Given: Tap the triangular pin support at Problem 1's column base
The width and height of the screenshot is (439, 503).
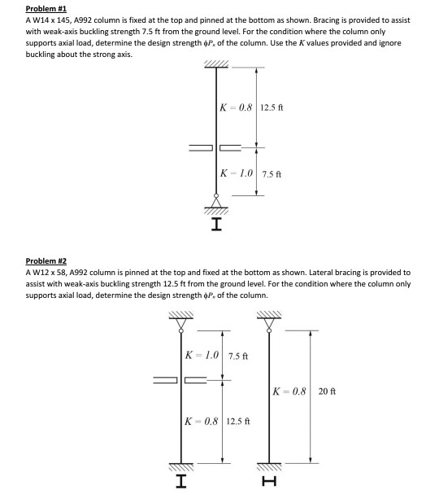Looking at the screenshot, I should [x=216, y=200].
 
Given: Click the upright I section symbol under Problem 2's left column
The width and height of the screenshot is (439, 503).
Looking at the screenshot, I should [x=181, y=482].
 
